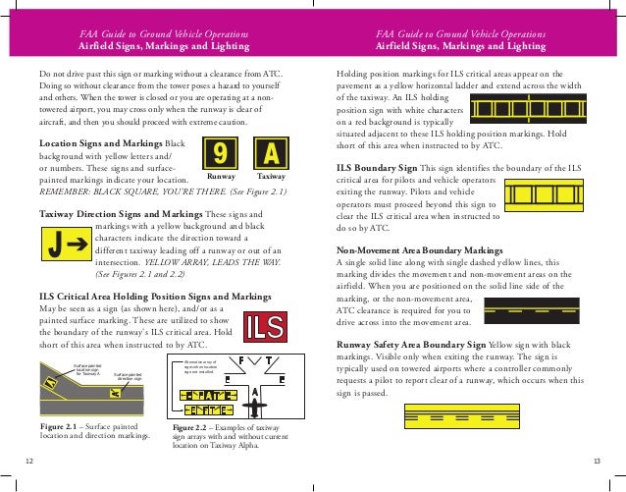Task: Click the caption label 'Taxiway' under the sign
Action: [271, 178]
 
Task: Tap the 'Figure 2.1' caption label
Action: [59, 427]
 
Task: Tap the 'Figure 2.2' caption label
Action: [192, 428]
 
